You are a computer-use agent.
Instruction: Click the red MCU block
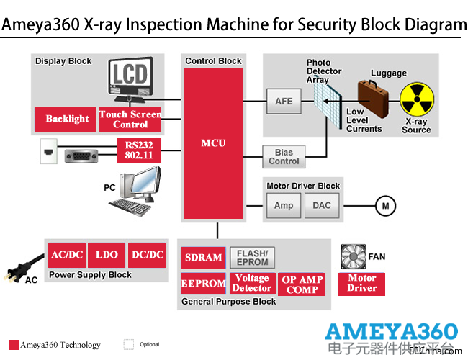point(213,143)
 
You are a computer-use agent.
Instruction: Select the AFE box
point(284,102)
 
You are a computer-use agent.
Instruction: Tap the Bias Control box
point(284,156)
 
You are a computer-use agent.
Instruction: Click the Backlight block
point(67,119)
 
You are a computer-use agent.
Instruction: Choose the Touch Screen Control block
point(130,119)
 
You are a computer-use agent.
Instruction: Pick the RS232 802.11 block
point(138,150)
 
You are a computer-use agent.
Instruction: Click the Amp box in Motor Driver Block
point(284,205)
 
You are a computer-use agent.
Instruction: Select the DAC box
point(322,205)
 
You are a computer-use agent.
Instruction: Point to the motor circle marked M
point(386,206)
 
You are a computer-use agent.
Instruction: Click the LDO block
point(107,255)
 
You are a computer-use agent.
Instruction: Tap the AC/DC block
point(67,255)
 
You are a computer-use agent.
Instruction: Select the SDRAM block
point(204,258)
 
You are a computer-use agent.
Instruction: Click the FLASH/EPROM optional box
point(252,258)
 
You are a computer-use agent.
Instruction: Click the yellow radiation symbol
point(416,100)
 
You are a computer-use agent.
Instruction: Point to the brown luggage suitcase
point(373,96)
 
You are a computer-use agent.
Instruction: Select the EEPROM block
point(204,284)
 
